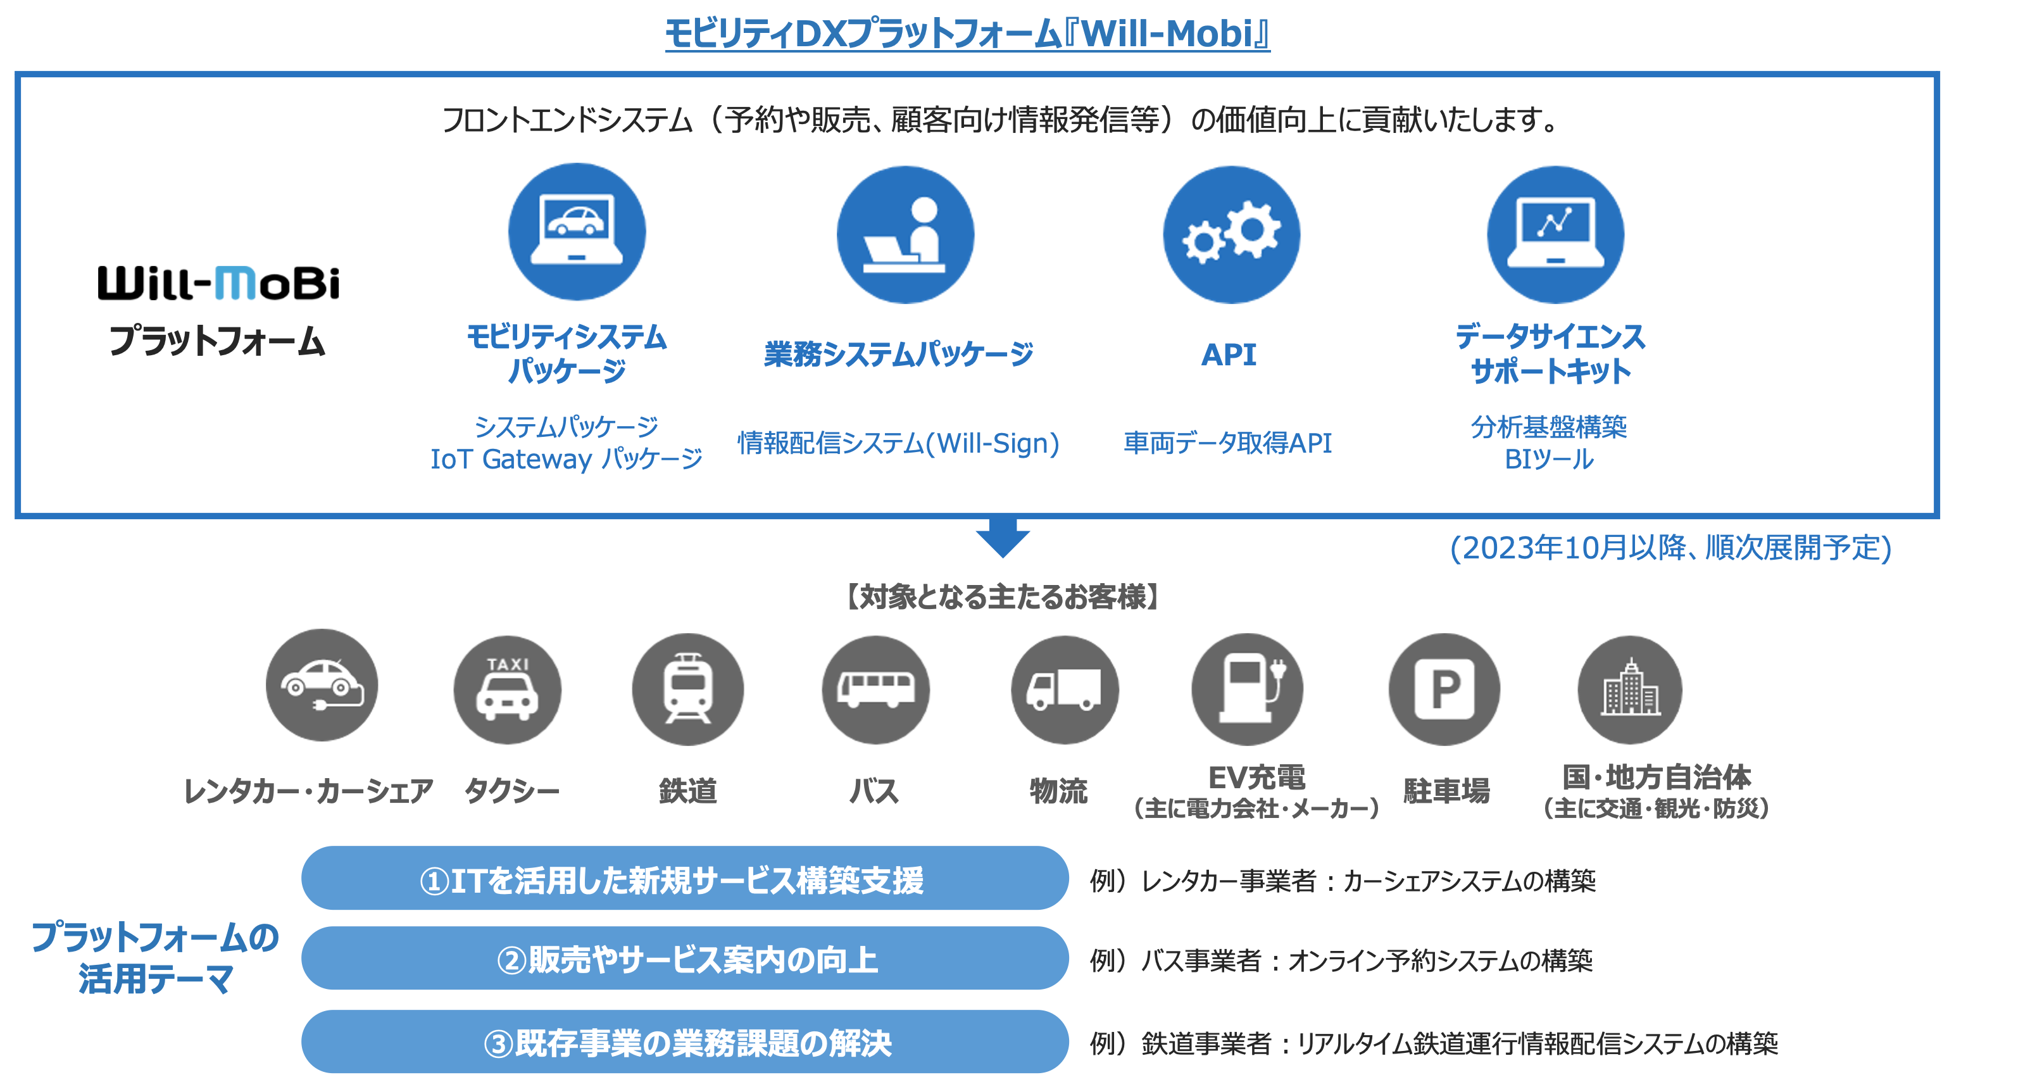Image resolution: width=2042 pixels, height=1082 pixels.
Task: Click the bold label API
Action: (1229, 355)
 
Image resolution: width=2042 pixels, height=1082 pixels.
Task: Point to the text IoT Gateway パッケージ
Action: (566, 459)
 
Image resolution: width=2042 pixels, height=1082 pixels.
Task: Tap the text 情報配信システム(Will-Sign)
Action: (898, 443)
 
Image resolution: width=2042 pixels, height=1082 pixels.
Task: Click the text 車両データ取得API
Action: (1227, 443)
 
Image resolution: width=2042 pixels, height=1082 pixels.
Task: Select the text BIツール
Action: (1548, 459)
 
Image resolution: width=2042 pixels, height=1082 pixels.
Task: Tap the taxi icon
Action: (507, 689)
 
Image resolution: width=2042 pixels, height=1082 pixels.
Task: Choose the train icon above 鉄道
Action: (687, 689)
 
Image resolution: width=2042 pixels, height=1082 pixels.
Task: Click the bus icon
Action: (875, 689)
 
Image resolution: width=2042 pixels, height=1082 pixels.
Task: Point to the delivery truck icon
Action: (1064, 689)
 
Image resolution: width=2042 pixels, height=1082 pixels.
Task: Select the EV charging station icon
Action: (1247, 689)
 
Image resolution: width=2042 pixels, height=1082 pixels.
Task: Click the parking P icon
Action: (1443, 689)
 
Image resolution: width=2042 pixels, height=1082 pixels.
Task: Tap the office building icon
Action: (1630, 689)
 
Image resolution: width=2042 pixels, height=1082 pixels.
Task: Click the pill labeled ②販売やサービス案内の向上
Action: (685, 959)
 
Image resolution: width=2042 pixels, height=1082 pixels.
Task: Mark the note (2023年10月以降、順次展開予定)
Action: (1670, 548)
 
